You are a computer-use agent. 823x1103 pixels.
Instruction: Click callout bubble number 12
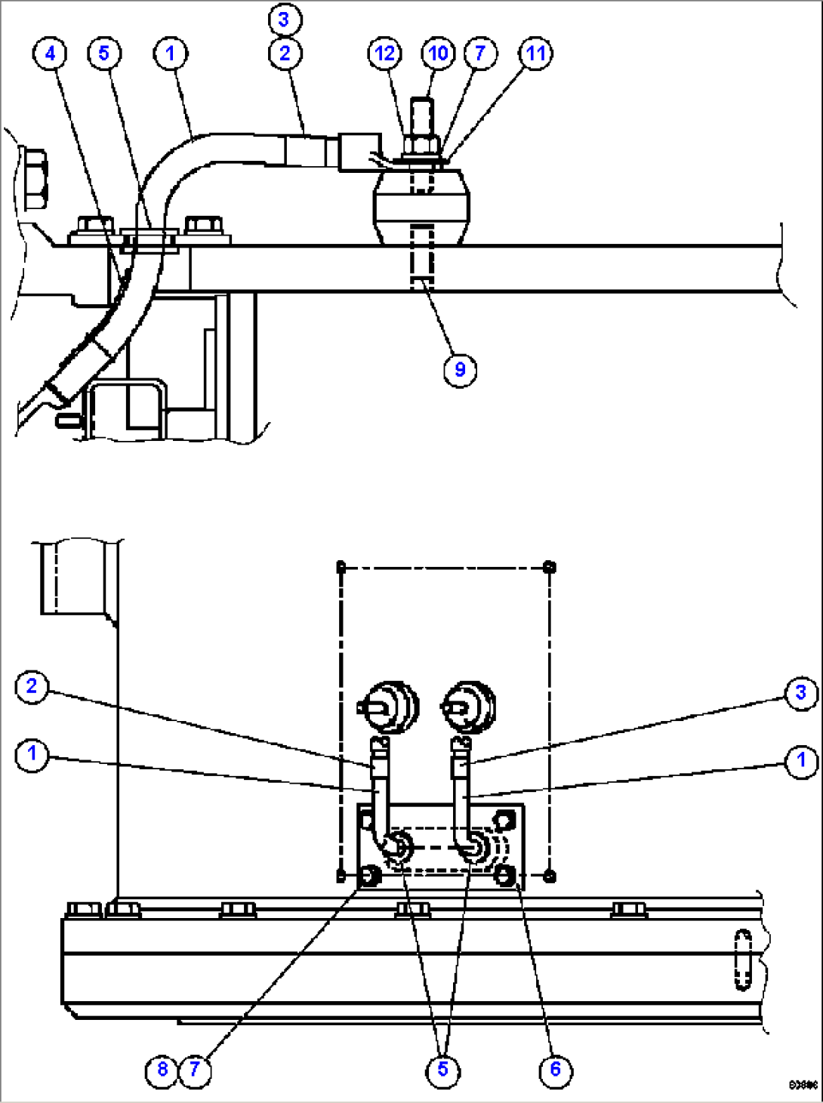click(x=385, y=54)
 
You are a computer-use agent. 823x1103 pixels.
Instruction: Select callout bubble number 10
click(x=438, y=54)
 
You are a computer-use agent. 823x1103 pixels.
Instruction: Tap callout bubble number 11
click(x=535, y=54)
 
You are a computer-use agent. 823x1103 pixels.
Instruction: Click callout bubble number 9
click(x=460, y=370)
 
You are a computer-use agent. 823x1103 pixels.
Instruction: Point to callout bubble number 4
click(x=50, y=54)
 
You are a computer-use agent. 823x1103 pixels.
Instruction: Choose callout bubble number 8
click(x=162, y=1069)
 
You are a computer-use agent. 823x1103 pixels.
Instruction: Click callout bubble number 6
click(x=556, y=1069)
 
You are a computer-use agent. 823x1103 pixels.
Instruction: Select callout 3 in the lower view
click(x=801, y=693)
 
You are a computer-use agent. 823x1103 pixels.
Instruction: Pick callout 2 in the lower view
click(x=32, y=686)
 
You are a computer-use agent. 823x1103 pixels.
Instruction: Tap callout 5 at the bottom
click(x=442, y=1069)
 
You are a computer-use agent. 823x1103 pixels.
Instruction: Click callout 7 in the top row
click(x=480, y=54)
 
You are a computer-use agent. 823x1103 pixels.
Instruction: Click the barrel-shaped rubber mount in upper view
click(x=422, y=208)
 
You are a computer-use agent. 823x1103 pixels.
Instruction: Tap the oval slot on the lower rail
click(x=743, y=958)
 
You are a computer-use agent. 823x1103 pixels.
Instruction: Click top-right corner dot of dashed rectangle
click(x=550, y=567)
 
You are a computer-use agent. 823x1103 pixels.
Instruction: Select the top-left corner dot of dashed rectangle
click(x=341, y=567)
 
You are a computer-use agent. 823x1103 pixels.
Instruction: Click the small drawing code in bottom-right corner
click(x=803, y=1086)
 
